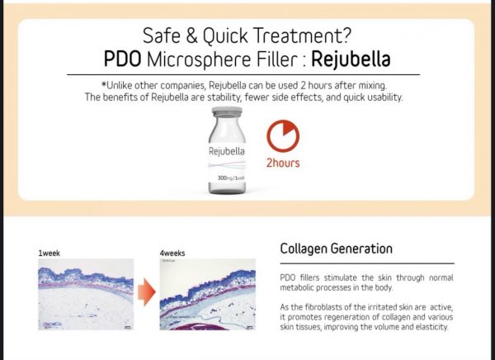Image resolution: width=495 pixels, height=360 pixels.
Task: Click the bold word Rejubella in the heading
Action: coord(351,59)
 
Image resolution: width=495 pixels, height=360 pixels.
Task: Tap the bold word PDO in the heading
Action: coord(122,59)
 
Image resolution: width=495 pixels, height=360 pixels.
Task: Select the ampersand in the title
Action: coord(192,36)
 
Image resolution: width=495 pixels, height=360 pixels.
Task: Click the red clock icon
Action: coord(283,136)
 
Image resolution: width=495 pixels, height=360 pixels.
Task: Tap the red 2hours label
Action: coord(283,163)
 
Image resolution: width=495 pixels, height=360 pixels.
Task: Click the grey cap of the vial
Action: coord(227,111)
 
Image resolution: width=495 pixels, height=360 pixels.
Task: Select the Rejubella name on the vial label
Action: coord(227,151)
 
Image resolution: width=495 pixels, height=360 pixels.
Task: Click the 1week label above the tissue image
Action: coord(49,253)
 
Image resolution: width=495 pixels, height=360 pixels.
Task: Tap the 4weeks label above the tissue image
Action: coord(172,253)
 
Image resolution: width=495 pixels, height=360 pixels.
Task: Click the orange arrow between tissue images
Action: coord(147,292)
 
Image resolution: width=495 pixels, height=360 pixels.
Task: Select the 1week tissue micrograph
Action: coord(86,295)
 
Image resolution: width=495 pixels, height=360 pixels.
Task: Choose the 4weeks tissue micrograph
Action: coord(208,295)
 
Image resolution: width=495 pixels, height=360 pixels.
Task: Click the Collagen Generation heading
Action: coord(337,249)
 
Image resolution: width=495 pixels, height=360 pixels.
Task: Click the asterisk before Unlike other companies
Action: coord(104,84)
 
